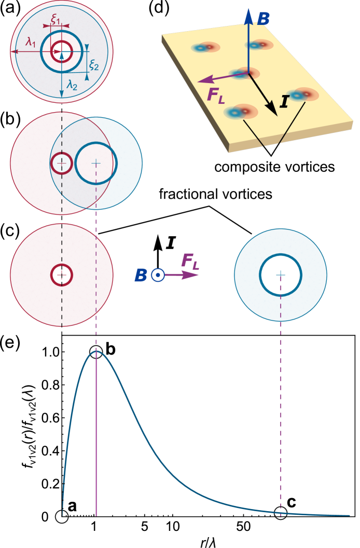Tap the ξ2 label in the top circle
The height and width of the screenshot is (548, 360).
tap(94, 64)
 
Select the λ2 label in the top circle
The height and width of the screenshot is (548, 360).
tap(72, 86)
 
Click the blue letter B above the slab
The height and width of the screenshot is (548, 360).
tap(263, 20)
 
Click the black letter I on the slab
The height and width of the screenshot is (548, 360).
tap(284, 102)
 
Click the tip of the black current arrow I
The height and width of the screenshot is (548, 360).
tap(276, 115)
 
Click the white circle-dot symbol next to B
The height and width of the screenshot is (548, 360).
tap(158, 275)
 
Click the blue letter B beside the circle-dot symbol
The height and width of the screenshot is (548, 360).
tap(140, 276)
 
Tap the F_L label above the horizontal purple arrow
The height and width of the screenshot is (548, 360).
tap(189, 261)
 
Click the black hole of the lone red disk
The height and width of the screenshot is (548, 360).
tap(62, 275)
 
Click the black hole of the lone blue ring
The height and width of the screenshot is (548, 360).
tap(280, 275)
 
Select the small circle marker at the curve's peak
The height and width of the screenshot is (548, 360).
tap(96, 351)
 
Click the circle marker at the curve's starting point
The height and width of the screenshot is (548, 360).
tap(62, 516)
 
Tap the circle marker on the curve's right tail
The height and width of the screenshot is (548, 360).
tap(280, 513)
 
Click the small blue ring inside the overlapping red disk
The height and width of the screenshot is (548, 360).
tap(62, 163)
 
